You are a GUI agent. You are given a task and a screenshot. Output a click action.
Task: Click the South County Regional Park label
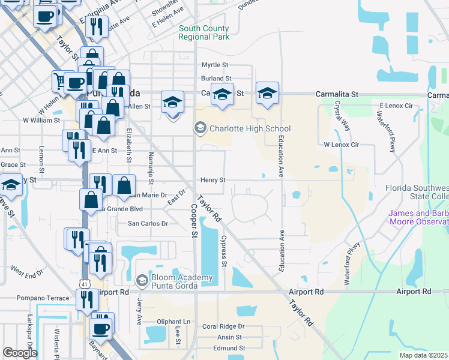[203, 32]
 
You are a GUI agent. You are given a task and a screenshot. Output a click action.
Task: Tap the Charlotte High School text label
[250, 128]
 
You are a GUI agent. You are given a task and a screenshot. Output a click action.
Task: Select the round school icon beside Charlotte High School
[199, 128]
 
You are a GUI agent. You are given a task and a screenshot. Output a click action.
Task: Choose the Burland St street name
[216, 79]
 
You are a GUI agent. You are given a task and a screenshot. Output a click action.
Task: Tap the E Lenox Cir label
[396, 106]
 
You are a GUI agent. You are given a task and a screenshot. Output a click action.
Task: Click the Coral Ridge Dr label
[223, 326]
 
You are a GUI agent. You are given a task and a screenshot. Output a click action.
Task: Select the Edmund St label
[229, 348]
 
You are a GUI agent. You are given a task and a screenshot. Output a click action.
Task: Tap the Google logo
[20, 352]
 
